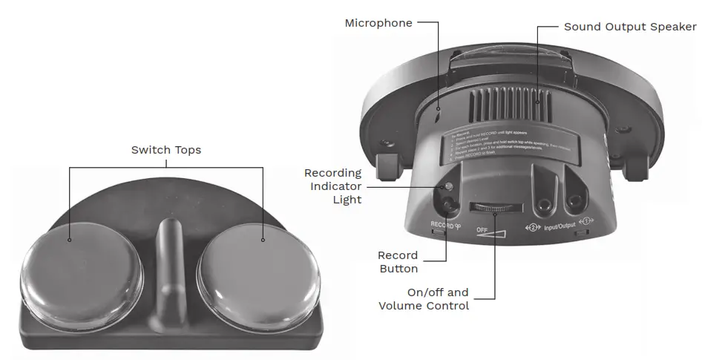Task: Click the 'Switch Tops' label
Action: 166,150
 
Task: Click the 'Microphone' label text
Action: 378,23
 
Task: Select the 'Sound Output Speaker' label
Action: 630,27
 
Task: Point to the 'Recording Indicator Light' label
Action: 333,186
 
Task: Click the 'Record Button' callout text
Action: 398,261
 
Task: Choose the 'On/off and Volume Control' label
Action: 424,298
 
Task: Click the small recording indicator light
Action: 448,186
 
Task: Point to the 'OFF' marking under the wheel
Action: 482,229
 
